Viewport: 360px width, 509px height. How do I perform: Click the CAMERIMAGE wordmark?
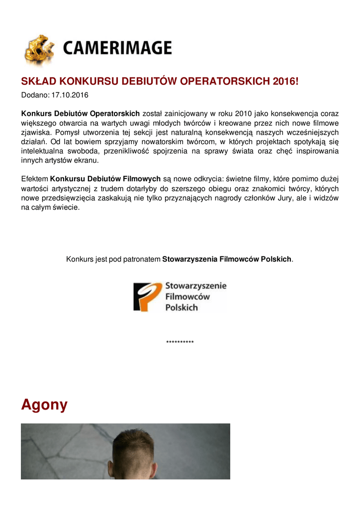point(117,48)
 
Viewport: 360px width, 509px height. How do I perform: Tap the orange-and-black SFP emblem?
point(147,297)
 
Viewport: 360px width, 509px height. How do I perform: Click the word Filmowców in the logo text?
point(187,297)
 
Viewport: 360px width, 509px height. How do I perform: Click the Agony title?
point(44,405)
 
